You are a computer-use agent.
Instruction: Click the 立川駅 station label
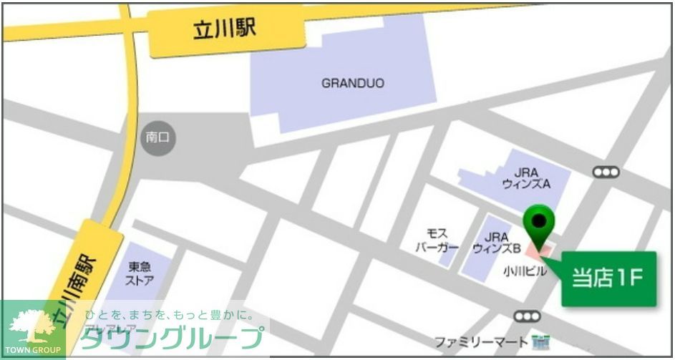click(x=224, y=30)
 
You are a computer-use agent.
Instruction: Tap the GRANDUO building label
click(x=352, y=83)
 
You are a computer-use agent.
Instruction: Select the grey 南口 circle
click(x=157, y=137)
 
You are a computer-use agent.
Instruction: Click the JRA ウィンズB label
click(x=496, y=243)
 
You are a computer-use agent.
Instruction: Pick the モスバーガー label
click(x=437, y=240)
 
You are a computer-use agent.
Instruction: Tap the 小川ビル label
click(x=524, y=271)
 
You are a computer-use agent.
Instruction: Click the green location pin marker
click(x=540, y=222)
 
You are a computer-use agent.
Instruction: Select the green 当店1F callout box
click(x=608, y=279)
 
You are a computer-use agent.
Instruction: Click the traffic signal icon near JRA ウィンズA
click(x=606, y=172)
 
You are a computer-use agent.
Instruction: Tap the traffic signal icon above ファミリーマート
click(x=527, y=316)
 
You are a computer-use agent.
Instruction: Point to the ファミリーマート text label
click(x=480, y=341)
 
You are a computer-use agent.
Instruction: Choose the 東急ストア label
click(x=140, y=273)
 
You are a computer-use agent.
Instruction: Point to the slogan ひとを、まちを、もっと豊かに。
click(x=169, y=315)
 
